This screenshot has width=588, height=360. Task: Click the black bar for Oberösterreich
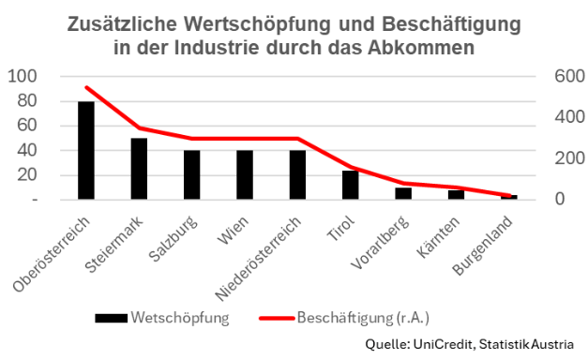(x=85, y=151)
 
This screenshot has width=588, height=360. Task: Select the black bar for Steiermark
(x=139, y=170)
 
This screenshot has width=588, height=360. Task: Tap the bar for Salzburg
(x=191, y=175)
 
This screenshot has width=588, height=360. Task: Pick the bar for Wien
(x=245, y=175)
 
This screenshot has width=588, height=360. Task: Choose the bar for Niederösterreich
(x=297, y=175)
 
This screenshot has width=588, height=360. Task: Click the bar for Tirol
(x=351, y=185)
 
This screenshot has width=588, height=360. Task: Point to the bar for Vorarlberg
(x=403, y=194)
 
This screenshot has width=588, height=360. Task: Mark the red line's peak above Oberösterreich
(x=85, y=87)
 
